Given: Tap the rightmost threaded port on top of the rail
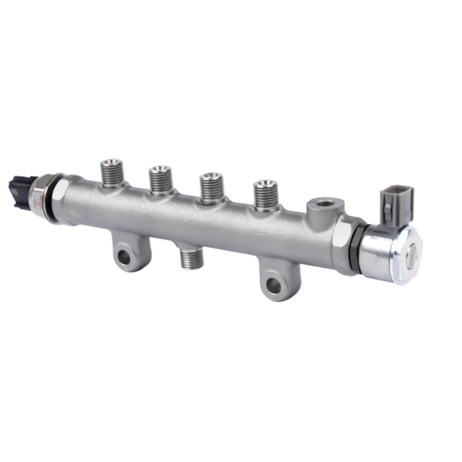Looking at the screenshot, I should (x=264, y=196).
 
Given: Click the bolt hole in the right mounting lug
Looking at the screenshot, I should (x=273, y=286).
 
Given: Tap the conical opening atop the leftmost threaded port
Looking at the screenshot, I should (x=112, y=164).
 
